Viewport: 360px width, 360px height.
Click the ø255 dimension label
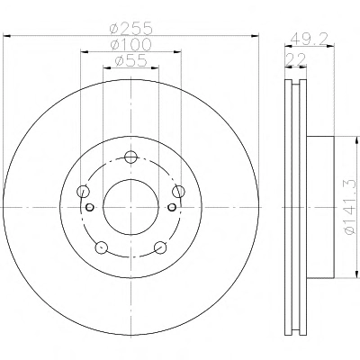click(x=131, y=29)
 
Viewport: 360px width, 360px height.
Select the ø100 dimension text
click(x=131, y=45)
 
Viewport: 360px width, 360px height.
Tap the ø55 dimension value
click(x=131, y=61)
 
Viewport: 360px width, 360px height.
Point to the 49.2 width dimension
click(x=310, y=39)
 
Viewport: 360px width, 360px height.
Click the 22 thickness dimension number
click(x=295, y=59)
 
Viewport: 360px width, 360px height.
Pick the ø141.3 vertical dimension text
click(x=352, y=207)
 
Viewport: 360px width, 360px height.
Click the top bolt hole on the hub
click(x=130, y=157)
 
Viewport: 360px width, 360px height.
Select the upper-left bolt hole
click(x=83, y=191)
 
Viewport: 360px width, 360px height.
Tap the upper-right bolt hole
click(x=179, y=191)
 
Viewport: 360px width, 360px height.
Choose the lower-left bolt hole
click(x=102, y=247)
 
